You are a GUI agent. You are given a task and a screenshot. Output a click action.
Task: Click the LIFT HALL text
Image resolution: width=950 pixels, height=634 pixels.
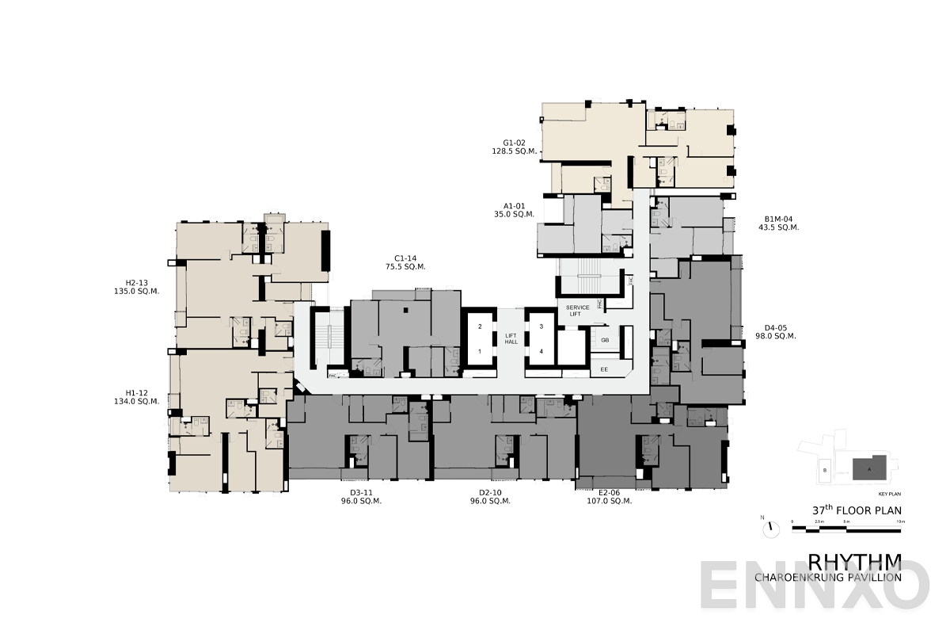pyautogui.click(x=511, y=338)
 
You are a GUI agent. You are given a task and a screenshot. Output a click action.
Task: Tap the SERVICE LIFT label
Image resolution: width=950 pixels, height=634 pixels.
pyautogui.click(x=578, y=311)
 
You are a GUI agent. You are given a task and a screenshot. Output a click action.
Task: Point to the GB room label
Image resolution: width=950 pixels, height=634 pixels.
pyautogui.click(x=605, y=340)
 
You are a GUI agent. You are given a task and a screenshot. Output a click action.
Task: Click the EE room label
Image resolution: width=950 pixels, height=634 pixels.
pyautogui.click(x=605, y=369)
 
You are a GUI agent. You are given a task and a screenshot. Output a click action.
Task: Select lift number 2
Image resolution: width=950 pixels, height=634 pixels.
pyautogui.click(x=479, y=326)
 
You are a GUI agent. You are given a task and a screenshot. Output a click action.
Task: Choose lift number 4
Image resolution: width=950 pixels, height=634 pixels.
pyautogui.click(x=541, y=350)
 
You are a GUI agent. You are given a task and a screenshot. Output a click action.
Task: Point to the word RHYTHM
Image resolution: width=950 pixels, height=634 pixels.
pyautogui.click(x=855, y=562)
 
